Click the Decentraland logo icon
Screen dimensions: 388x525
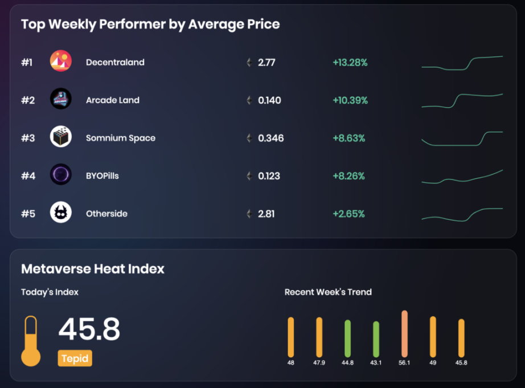click(61, 62)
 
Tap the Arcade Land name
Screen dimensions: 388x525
click(112, 100)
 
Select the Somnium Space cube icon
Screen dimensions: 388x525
click(61, 137)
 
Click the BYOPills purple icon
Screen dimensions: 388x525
click(61, 175)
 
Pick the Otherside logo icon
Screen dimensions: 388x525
click(61, 213)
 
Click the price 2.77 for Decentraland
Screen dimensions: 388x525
click(266, 62)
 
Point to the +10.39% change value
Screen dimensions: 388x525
click(350, 100)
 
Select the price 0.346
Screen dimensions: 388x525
click(270, 138)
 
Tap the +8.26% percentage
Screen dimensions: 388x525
click(348, 176)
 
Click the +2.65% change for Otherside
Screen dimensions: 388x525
click(348, 214)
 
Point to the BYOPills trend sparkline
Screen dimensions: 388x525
click(462, 177)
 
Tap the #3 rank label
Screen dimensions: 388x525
click(28, 138)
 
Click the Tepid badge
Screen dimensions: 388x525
click(75, 358)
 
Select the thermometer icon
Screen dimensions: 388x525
click(31, 341)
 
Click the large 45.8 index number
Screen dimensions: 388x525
click(89, 329)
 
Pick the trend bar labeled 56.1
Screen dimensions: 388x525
click(404, 334)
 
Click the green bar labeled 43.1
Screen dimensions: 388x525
click(376, 339)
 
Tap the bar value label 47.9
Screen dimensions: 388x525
click(319, 363)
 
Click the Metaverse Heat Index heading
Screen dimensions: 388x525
click(93, 269)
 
